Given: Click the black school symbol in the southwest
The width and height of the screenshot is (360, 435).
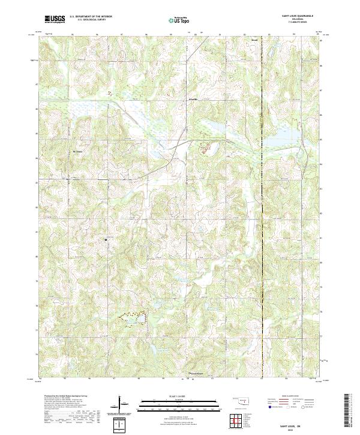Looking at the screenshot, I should coord(106,239).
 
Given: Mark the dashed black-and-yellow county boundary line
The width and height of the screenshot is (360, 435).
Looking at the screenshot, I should coord(262,240).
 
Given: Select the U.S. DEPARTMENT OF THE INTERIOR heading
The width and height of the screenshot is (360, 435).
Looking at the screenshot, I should coord(91,17).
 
